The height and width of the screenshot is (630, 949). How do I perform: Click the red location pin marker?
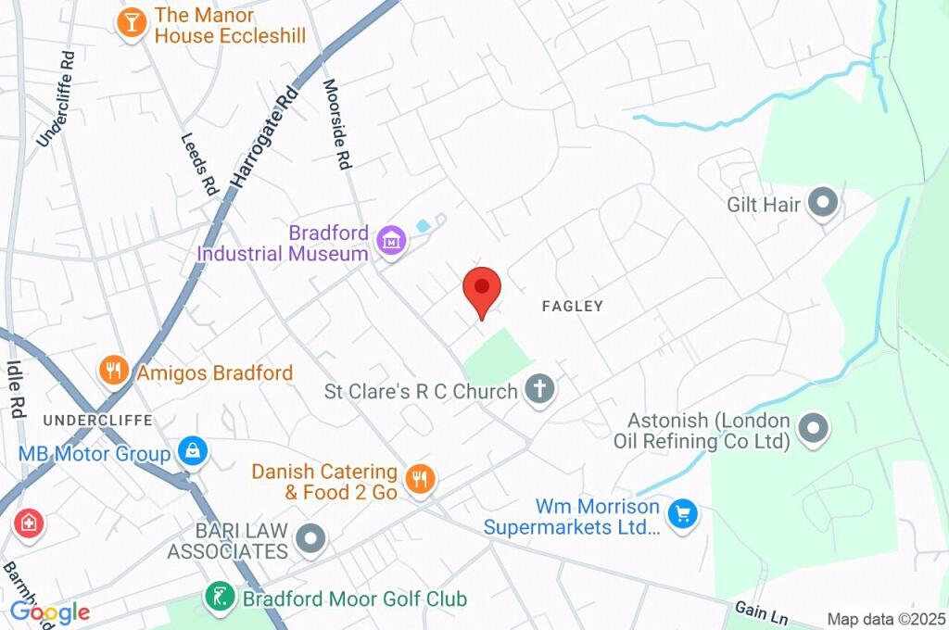click(x=482, y=289)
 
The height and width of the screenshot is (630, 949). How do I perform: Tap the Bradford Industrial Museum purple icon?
click(x=391, y=242)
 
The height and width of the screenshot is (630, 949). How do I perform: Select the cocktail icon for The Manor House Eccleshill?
click(x=133, y=23)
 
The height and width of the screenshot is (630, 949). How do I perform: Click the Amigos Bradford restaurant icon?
click(x=113, y=372)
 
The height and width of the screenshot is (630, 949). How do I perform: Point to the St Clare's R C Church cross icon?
click(x=538, y=390)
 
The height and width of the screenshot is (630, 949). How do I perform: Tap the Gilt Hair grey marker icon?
click(x=821, y=203)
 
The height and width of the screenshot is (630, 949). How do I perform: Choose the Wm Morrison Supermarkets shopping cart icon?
click(x=683, y=515)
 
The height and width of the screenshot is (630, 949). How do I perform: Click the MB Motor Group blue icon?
click(x=192, y=452)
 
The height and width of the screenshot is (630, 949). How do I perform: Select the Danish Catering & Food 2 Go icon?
click(x=421, y=479)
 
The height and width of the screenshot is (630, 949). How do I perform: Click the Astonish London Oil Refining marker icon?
click(x=814, y=428)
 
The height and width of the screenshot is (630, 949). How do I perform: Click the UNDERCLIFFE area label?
click(x=96, y=420)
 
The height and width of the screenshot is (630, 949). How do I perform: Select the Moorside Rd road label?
click(x=336, y=123)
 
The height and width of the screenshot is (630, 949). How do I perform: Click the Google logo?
click(x=50, y=611)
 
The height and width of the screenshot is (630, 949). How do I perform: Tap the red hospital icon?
click(x=29, y=523)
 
